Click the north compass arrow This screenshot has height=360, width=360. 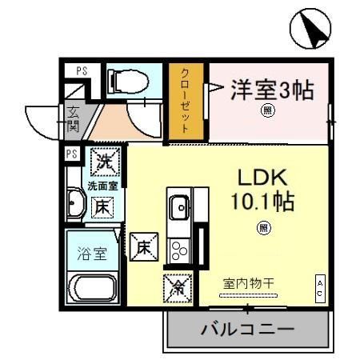[x=310, y=29]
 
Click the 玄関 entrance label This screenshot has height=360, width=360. [x=73, y=118]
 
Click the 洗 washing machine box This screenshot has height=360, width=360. [x=104, y=162]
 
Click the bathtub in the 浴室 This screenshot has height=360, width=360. [x=94, y=286]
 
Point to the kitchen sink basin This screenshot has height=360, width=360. [x=179, y=207]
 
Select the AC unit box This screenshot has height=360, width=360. [x=319, y=287]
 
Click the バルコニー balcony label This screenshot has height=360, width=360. [x=248, y=329]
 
